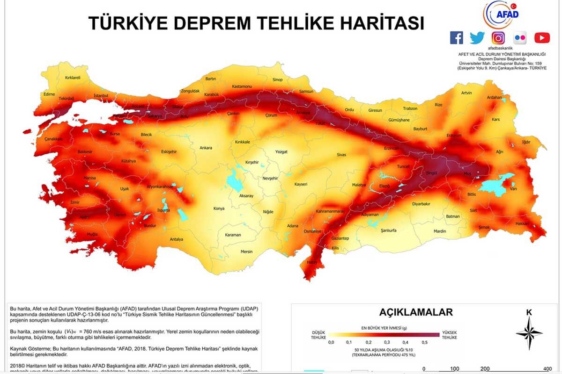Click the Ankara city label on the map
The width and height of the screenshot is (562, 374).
(206, 148)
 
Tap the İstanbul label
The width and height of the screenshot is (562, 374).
(101, 95)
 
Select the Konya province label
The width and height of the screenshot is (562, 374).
(219, 209)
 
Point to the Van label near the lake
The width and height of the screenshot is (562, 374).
(513, 189)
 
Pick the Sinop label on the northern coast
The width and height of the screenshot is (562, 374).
(277, 80)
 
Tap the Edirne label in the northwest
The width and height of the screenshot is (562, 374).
(49, 94)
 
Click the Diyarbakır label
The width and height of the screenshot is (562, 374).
(421, 204)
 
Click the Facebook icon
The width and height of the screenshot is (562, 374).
(456, 38)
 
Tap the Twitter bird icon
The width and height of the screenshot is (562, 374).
(477, 38)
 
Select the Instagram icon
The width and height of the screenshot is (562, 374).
(498, 38)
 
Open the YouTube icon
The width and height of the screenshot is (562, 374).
(542, 38)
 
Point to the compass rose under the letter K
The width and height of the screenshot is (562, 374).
(529, 333)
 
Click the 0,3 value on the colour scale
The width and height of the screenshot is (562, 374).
(387, 343)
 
